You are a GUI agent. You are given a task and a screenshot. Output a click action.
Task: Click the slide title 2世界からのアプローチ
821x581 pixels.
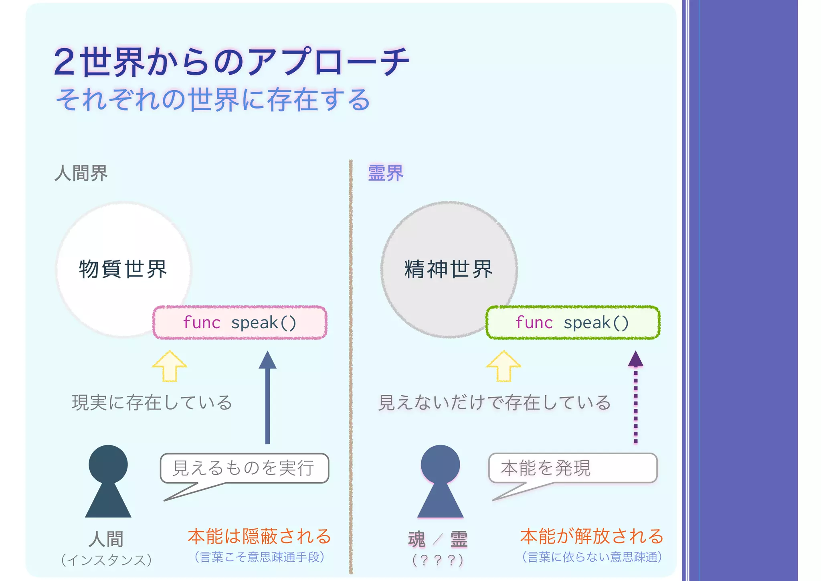click(x=231, y=62)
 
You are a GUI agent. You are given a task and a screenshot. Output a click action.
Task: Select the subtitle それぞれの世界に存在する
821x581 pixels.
click(x=213, y=100)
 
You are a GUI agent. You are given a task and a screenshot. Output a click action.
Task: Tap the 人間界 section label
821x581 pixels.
click(x=81, y=173)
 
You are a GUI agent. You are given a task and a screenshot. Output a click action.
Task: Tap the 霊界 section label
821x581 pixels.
click(x=385, y=173)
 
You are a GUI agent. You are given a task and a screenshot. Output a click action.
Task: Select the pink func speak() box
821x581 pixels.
click(x=240, y=323)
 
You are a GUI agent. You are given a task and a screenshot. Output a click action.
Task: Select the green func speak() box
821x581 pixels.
click(x=572, y=323)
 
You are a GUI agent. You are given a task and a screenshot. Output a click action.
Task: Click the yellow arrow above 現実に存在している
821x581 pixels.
click(x=170, y=366)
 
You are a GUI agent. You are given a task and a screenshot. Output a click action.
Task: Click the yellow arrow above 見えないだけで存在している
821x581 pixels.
click(x=504, y=366)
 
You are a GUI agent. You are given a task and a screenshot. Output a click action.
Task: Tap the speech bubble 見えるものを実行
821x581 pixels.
click(x=244, y=468)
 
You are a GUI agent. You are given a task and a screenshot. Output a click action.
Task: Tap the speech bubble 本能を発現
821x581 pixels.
click(x=572, y=468)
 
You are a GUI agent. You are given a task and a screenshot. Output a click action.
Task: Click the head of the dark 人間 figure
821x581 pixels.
click(x=108, y=464)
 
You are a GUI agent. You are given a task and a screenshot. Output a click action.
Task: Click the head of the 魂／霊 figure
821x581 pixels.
click(x=440, y=464)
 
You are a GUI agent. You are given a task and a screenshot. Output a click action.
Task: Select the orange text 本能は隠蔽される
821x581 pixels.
click(x=259, y=536)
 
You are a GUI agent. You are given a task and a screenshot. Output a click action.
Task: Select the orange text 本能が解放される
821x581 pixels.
click(x=592, y=536)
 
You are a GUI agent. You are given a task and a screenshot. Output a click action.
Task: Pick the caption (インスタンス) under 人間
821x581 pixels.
click(x=107, y=560)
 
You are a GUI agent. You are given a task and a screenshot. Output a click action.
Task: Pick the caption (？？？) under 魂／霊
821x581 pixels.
click(x=438, y=560)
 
